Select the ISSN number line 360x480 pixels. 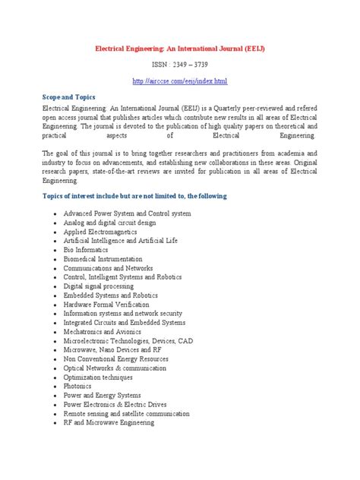(179, 65)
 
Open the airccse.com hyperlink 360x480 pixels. (179, 81)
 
